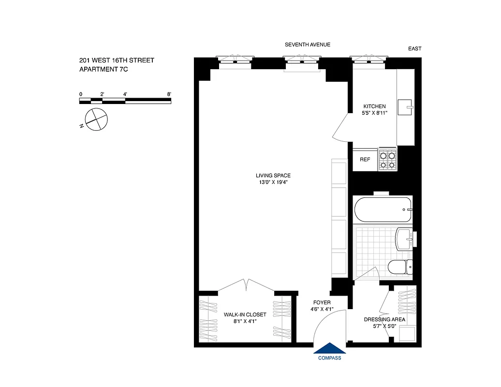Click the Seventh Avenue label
(x=307, y=45)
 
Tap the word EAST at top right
(x=414, y=48)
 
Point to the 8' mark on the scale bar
(x=168, y=94)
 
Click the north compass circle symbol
(x=96, y=119)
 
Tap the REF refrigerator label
(x=365, y=159)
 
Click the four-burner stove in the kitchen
(x=387, y=160)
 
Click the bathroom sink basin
(x=403, y=239)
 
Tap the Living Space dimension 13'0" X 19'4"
(x=273, y=182)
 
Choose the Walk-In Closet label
(x=245, y=314)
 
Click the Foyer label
(x=322, y=302)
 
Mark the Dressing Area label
(x=384, y=319)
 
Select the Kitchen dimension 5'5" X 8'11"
(x=374, y=113)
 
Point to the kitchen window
(x=369, y=60)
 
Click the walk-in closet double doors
(x=246, y=285)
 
